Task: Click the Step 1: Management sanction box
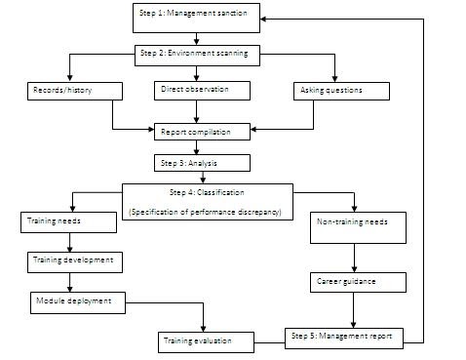coord(196,16)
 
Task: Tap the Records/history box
coord(74,91)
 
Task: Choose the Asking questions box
coord(340,91)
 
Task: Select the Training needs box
coord(68,222)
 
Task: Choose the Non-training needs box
coord(353,222)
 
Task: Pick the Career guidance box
coord(353,282)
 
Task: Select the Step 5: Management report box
coord(342,337)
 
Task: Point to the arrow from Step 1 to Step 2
coord(196,37)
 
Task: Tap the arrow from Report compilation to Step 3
coord(196,147)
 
